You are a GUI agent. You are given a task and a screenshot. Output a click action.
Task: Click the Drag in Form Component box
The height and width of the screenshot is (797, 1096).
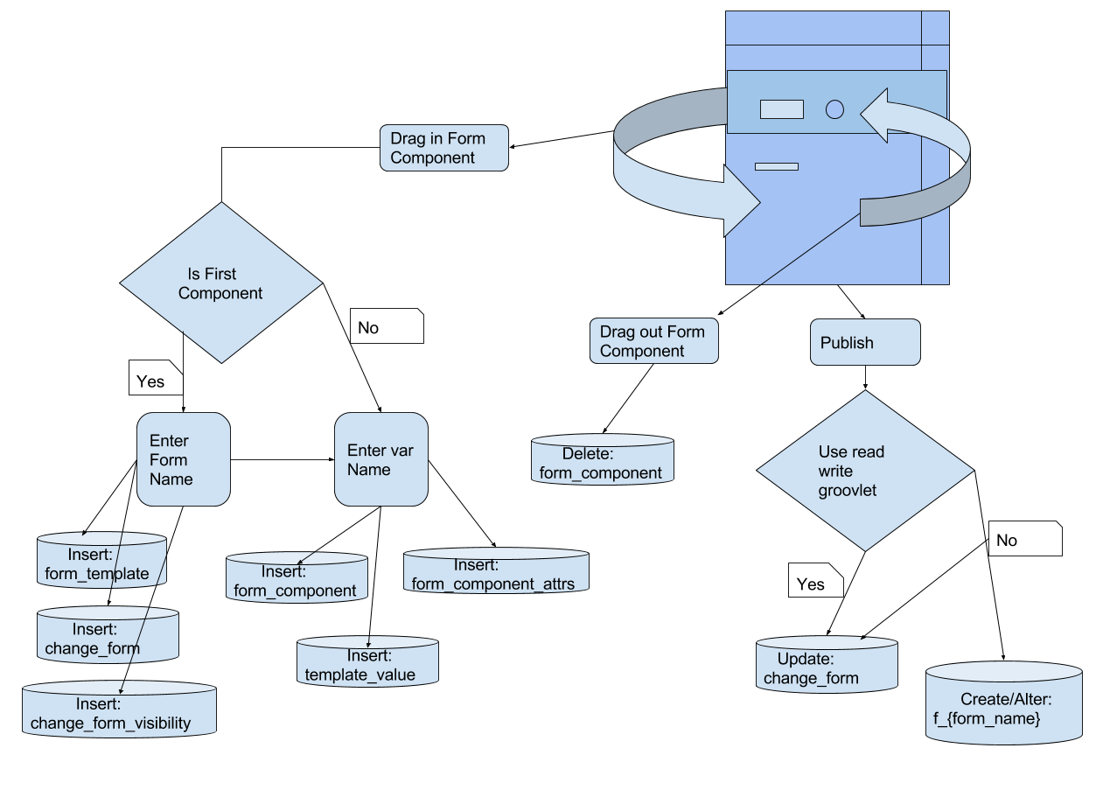click(x=444, y=148)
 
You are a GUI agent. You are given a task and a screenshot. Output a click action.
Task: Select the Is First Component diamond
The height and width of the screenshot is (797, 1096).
click(x=220, y=283)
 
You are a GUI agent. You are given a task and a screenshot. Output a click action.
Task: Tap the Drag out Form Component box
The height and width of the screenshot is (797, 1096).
click(x=653, y=341)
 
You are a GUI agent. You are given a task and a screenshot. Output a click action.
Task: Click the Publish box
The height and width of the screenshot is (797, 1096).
click(x=865, y=342)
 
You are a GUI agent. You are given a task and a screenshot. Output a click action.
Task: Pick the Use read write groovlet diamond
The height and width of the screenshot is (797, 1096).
click(x=864, y=471)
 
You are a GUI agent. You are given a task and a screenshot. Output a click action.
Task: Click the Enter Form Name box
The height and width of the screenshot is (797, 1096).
click(x=184, y=459)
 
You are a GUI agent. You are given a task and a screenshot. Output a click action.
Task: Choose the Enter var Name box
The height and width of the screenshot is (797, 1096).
click(x=381, y=459)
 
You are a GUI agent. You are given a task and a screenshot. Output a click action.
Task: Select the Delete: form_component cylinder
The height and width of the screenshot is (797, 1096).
click(x=603, y=460)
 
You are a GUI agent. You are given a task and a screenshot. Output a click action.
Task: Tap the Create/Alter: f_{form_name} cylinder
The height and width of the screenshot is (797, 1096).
click(x=1004, y=704)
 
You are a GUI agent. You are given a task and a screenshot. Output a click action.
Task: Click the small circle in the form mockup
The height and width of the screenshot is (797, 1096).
click(x=834, y=109)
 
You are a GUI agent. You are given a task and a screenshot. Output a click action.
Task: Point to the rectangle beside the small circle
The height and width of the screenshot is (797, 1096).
click(x=781, y=109)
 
